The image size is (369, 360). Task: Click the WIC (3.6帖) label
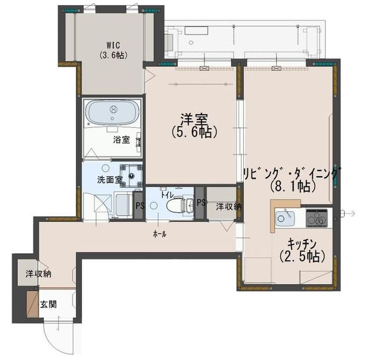coord(113,50)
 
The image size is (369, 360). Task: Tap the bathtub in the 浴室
coord(112,112)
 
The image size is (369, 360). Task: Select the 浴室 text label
coord(122,140)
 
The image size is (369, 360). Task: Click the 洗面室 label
coord(110,179)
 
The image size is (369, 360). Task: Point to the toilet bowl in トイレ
coord(176,205)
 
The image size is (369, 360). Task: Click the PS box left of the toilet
coord(139,205)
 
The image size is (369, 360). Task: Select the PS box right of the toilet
coord(201,203)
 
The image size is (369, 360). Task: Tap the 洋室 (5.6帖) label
coord(194,126)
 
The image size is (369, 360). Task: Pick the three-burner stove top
coord(317,218)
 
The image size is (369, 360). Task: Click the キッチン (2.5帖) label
coord(302,250)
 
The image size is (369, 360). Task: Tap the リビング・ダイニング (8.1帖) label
coord(292,179)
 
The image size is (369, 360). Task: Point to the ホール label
coord(160,234)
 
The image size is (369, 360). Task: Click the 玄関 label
coord(48,305)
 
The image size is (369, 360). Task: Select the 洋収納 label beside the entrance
coord(39,274)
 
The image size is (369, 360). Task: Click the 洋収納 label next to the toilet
coord(229,207)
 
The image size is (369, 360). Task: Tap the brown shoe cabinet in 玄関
coord(32,304)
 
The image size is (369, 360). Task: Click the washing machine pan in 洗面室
coord(131,176)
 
